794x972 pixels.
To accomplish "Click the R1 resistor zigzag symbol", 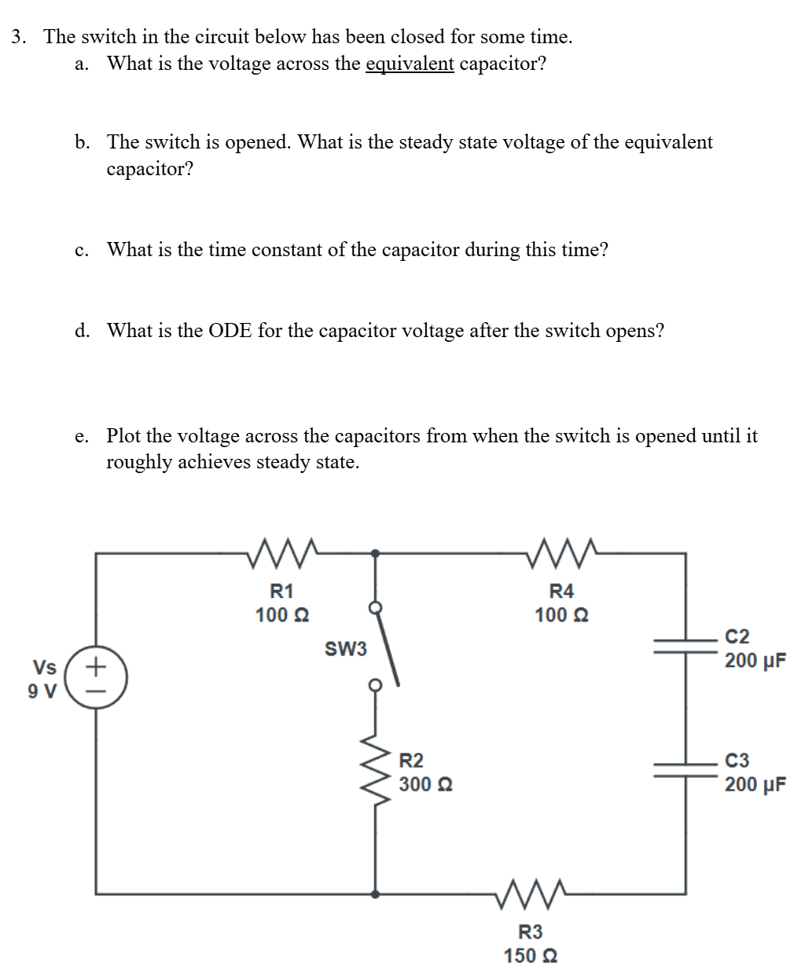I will coord(282,552).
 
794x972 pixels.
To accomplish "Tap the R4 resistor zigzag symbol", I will coord(562,552).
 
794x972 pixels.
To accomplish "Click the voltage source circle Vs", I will coord(96,678).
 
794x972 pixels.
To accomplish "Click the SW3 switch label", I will coord(346,649).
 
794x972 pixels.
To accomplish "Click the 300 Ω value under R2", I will coord(425,784).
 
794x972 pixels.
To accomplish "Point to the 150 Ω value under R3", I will coord(531,955).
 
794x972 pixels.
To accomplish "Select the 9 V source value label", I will coord(42,691).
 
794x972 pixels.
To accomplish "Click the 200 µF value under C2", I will coord(755,660).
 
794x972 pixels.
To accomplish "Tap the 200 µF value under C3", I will coord(755,784).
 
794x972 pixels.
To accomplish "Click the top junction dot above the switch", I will coord(376,553).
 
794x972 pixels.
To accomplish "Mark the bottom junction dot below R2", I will coord(376,893).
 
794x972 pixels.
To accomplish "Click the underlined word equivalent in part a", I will coord(410,64).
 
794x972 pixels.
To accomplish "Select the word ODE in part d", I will coord(230,331).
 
